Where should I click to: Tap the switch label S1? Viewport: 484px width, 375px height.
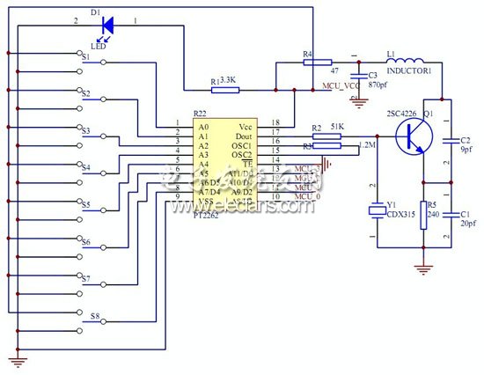coord(86,56)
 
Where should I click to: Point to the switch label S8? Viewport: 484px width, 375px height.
coord(95,315)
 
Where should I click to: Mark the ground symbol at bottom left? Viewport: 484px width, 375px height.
coord(15,356)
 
